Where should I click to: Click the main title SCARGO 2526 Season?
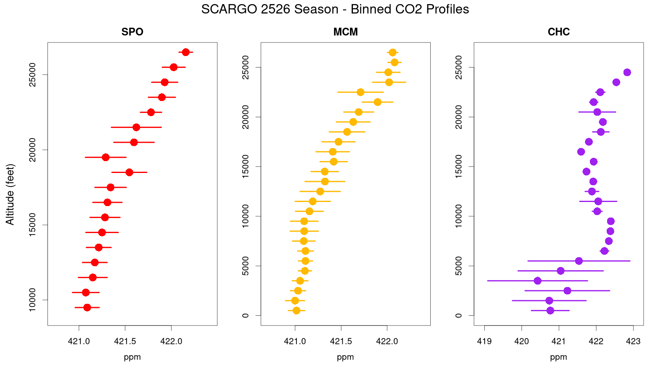click(x=335, y=9)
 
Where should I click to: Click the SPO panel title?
click(x=132, y=32)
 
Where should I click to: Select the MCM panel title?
click(x=346, y=32)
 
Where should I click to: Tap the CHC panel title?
click(x=558, y=32)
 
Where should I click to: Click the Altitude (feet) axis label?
click(x=10, y=194)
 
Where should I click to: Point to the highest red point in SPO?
click(x=185, y=52)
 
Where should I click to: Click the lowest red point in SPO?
click(x=87, y=307)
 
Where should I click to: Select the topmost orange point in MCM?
click(x=393, y=52)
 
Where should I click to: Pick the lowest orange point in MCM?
click(x=296, y=311)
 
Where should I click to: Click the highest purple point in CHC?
click(x=627, y=72)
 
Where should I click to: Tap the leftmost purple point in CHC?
click(x=538, y=281)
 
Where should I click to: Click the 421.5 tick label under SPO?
click(x=125, y=341)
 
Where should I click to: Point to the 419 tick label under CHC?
click(x=485, y=341)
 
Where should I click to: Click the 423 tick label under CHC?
click(x=633, y=341)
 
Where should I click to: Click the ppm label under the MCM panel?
click(x=346, y=357)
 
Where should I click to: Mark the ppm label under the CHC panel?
click(x=558, y=357)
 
